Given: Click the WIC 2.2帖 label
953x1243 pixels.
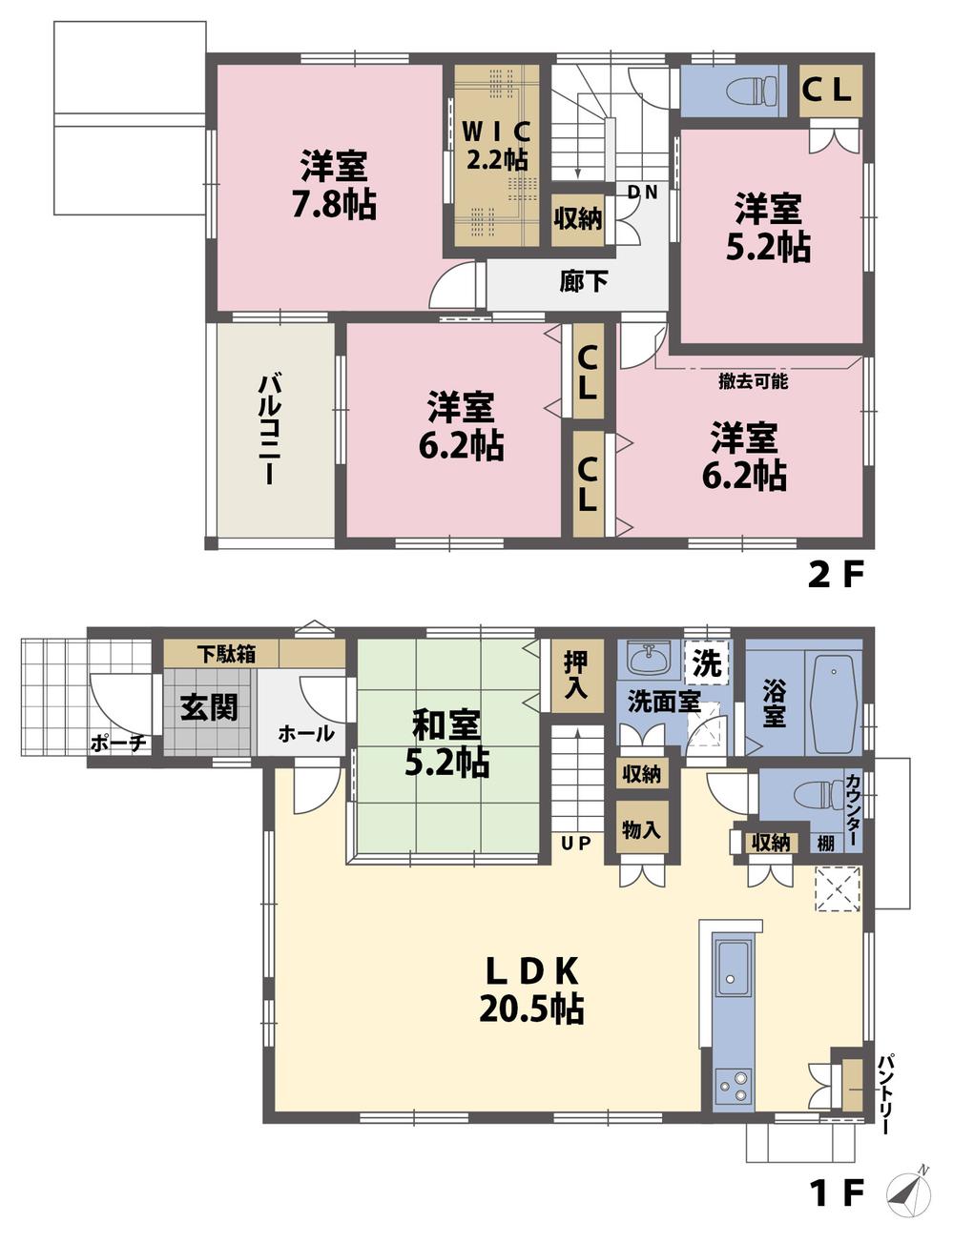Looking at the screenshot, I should [x=496, y=144].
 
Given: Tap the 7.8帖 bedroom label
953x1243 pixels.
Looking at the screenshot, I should [x=334, y=186].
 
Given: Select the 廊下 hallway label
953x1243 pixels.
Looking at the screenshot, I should [x=583, y=282].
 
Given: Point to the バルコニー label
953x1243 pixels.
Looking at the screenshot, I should [x=269, y=430].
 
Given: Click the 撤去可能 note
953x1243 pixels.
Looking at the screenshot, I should [x=753, y=381].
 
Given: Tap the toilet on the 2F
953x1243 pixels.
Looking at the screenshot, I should [x=753, y=91].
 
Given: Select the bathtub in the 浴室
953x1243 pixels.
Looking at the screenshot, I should [x=835, y=703].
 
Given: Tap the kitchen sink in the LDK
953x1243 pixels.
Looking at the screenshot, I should [x=734, y=968].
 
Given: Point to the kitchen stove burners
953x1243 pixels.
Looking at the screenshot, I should [x=732, y=1087].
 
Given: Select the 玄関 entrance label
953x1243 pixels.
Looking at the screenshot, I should [x=209, y=707].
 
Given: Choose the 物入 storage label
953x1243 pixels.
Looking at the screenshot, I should [x=641, y=829].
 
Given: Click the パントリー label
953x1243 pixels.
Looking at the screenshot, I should [x=885, y=1092].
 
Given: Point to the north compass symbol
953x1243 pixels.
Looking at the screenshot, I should [x=910, y=1192].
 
